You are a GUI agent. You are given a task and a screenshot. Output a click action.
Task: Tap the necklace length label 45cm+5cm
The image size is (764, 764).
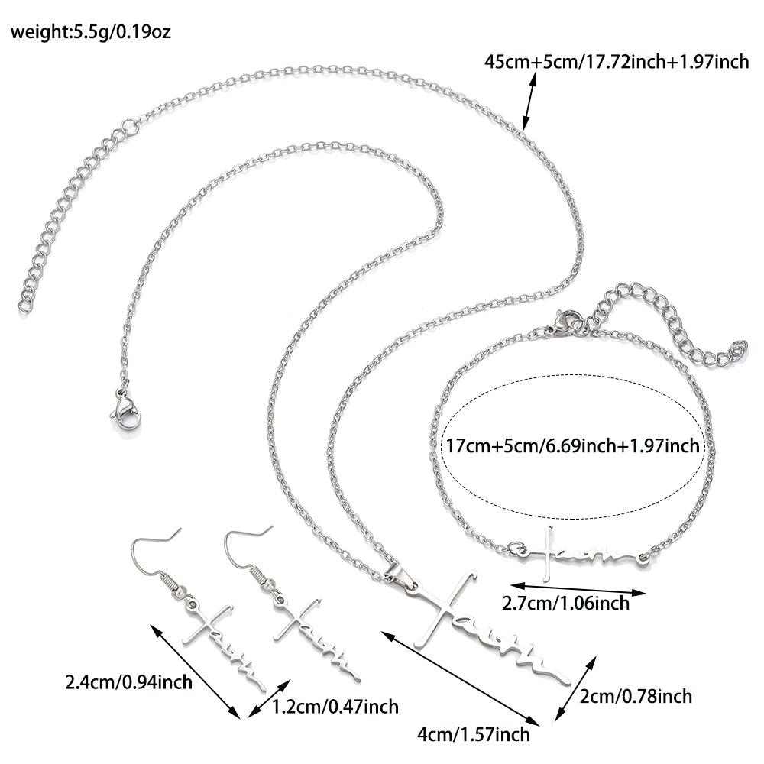pos(617,62)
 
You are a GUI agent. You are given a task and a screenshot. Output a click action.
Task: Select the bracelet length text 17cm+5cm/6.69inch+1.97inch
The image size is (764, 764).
pos(572,445)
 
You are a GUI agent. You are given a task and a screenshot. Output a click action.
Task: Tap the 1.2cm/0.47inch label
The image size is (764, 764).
pos(335,707)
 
